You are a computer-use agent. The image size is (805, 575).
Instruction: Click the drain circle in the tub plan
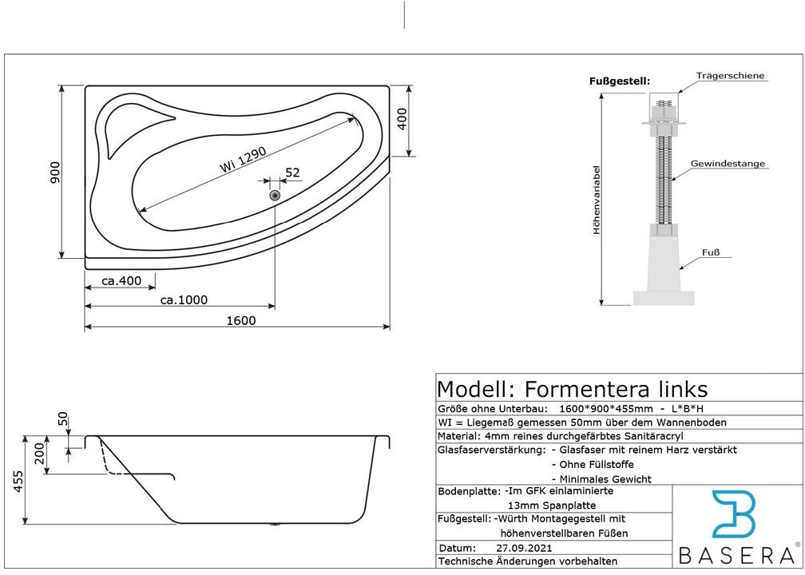[275, 195]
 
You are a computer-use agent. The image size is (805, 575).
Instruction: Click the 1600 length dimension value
[240, 320]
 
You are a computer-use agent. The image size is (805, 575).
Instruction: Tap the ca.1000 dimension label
[184, 300]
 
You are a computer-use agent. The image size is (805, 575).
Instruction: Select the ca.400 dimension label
[121, 280]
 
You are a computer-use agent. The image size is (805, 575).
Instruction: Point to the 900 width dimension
[55, 172]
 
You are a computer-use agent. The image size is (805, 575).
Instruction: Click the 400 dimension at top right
[402, 118]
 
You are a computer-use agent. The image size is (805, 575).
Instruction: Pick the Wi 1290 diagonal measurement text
[243, 159]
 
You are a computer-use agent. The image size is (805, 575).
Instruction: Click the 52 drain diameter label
[292, 172]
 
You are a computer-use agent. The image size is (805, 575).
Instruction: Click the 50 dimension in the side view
[63, 420]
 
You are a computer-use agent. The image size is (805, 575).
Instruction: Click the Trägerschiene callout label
[730, 76]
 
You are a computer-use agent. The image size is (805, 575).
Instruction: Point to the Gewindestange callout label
[728, 164]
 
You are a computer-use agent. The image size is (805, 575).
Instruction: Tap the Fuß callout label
[711, 252]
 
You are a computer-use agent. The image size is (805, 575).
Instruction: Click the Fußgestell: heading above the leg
[620, 81]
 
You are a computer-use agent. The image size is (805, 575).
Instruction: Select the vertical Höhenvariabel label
[596, 200]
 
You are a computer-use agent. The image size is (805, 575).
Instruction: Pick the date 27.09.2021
[524, 549]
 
